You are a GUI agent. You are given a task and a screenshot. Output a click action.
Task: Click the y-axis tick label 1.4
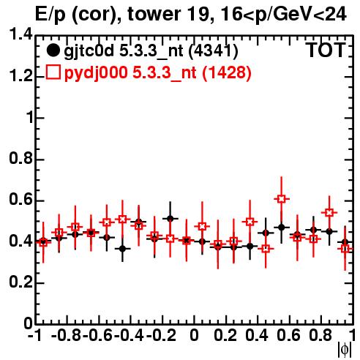pos(21,34)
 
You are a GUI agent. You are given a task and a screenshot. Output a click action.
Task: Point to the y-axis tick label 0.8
pos(21,158)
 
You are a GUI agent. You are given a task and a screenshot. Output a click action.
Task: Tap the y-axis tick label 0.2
pos(21,282)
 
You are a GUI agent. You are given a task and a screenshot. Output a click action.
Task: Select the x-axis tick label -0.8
pos(66,335)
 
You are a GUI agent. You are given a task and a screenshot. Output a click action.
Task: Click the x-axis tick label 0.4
pos(257,335)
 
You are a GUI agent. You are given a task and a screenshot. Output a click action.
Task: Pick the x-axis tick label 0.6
pos(288,335)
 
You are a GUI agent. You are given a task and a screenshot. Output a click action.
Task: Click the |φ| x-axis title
pos(345,350)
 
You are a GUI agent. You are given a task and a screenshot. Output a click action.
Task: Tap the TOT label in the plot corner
pos(325,50)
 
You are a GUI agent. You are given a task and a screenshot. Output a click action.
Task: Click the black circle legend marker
pos(53,50)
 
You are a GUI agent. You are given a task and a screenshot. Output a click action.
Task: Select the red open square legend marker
pos(53,72)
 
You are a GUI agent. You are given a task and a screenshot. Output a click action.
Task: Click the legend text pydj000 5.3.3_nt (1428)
pos(158,73)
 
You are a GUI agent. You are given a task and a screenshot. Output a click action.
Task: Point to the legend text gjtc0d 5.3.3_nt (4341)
pos(151,51)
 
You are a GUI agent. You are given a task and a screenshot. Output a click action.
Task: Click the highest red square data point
pos(282,199)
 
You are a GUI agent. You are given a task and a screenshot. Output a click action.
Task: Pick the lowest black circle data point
pos(123,249)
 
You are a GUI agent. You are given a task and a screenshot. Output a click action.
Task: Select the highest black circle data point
pos(170,219)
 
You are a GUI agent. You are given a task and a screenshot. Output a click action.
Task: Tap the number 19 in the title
pos(198,14)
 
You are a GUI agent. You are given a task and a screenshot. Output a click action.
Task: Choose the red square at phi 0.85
pos(329,213)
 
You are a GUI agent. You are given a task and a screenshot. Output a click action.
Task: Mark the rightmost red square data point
pos(345,249)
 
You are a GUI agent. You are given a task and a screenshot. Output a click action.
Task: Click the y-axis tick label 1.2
pos(21,75)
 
